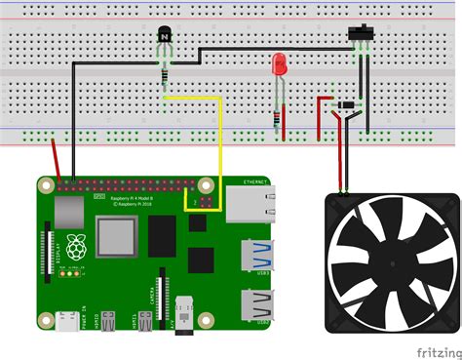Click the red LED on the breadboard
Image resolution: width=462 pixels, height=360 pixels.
click(279, 65)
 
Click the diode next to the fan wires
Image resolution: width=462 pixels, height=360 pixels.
click(347, 105)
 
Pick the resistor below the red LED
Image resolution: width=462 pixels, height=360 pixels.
click(283, 118)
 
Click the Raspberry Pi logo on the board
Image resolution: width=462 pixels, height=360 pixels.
click(75, 248)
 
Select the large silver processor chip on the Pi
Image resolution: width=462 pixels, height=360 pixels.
click(116, 238)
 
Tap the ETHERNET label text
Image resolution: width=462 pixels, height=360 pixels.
click(256, 182)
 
